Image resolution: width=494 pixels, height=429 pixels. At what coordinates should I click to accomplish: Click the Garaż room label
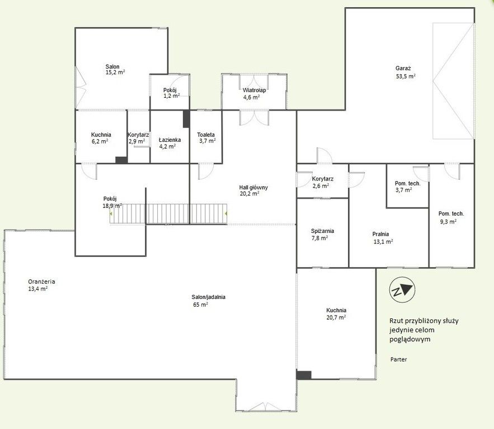coord(403,68)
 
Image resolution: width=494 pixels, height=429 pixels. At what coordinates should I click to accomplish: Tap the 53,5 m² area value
coord(406,76)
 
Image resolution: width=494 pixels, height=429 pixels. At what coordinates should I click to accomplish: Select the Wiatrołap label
coord(254,90)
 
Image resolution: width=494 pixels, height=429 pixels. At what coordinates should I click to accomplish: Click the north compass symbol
coord(402,290)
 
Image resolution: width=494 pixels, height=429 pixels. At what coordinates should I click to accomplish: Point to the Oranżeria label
coord(41,282)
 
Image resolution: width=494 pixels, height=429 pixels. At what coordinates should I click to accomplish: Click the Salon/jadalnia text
coord(208,297)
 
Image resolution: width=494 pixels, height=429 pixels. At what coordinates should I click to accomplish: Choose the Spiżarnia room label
coord(322,231)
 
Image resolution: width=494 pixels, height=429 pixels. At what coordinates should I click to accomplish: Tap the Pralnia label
coord(380,234)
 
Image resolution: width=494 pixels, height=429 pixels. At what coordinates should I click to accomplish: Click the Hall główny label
coord(253,188)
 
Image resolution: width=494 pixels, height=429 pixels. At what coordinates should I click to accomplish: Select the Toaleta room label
coord(206,135)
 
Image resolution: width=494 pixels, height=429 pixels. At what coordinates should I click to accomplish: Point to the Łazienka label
coord(170,140)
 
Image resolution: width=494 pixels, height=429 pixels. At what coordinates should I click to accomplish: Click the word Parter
coord(398,359)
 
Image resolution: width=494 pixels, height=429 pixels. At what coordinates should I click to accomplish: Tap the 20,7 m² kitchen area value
coord(336,318)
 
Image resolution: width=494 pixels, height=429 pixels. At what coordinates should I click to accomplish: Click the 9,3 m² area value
coord(448,221)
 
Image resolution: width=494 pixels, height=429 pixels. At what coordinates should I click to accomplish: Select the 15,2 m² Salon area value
coord(115,73)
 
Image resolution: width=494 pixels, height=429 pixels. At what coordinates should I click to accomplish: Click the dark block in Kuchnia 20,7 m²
coord(304,375)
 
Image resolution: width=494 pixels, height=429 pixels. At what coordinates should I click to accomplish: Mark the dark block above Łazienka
coord(186,119)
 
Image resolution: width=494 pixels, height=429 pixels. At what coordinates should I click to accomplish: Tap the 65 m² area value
coord(200,305)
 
